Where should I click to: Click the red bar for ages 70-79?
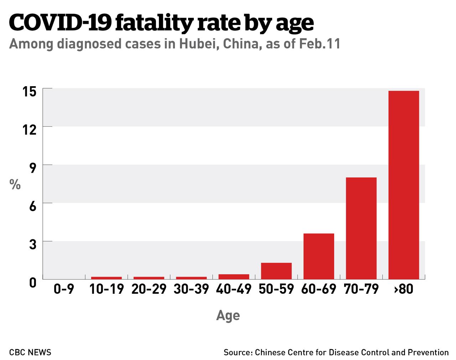click(x=361, y=228)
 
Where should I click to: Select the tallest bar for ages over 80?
click(x=404, y=185)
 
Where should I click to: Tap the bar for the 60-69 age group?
click(x=319, y=256)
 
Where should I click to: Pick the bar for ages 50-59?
click(x=276, y=271)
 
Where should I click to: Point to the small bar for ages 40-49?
click(x=234, y=277)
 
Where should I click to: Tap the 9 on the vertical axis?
click(x=33, y=168)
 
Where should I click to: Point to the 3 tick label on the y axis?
click(x=33, y=245)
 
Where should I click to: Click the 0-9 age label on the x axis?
click(x=64, y=289)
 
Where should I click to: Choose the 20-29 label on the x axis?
click(x=149, y=289)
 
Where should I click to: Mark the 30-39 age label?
click(x=191, y=289)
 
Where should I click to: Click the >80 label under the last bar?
click(x=404, y=289)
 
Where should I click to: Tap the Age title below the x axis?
click(x=228, y=315)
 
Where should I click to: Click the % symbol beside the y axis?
click(x=15, y=184)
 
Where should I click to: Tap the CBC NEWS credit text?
click(x=30, y=353)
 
